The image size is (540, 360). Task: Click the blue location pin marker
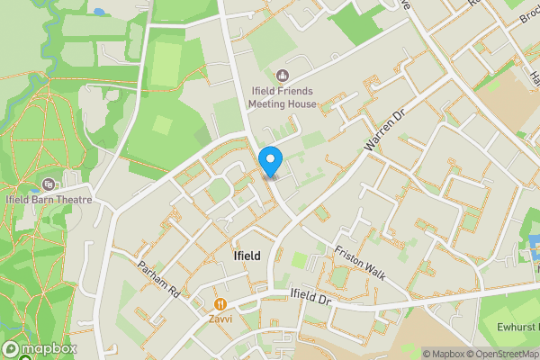click(270, 160)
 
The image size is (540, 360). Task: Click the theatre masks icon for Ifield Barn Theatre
click(48, 184)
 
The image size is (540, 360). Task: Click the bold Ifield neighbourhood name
click(247, 256)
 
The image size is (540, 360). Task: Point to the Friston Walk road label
click(359, 264)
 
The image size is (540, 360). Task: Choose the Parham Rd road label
click(159, 279)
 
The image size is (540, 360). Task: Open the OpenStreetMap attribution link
click(502, 354)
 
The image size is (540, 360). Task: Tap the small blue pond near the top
click(97, 12)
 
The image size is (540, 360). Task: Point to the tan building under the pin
click(268, 177)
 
